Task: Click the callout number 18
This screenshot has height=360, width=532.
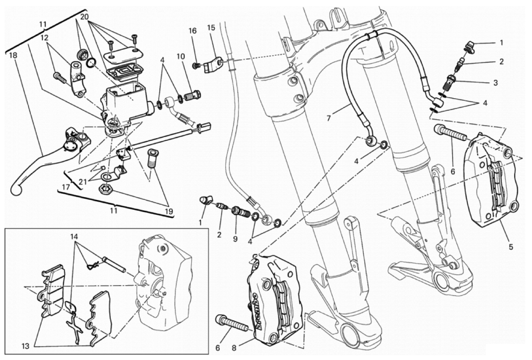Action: [13, 55]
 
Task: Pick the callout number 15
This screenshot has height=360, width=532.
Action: [211, 28]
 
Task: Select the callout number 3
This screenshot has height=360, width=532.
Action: [495, 82]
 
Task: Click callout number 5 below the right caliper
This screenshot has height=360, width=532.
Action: [510, 247]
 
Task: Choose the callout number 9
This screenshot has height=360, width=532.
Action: [235, 239]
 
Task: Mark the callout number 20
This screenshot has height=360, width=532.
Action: [84, 17]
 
